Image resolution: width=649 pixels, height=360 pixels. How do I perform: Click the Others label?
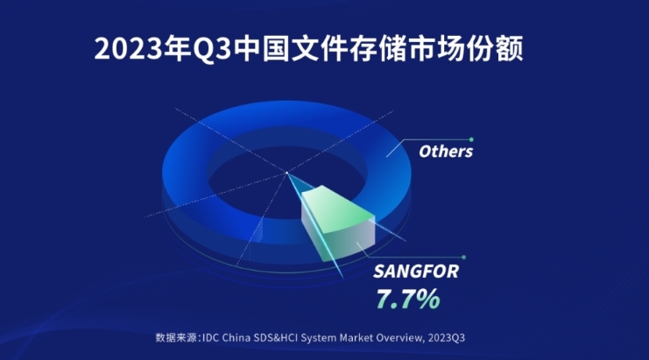click(x=446, y=152)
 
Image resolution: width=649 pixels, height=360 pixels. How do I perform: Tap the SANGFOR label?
click(x=416, y=272)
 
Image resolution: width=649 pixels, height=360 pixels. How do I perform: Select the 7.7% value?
click(x=407, y=299)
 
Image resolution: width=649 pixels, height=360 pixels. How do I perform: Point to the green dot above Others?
click(x=471, y=139)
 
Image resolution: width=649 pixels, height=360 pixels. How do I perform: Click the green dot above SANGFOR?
click(x=463, y=257)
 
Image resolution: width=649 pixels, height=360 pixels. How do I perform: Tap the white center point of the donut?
click(x=286, y=173)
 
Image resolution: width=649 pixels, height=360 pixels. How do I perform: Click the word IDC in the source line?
click(x=210, y=337)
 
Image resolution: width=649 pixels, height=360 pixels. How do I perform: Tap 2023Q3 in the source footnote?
click(x=446, y=337)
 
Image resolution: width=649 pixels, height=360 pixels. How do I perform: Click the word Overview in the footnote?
click(x=400, y=337)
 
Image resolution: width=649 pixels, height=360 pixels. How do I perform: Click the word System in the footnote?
click(x=318, y=338)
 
